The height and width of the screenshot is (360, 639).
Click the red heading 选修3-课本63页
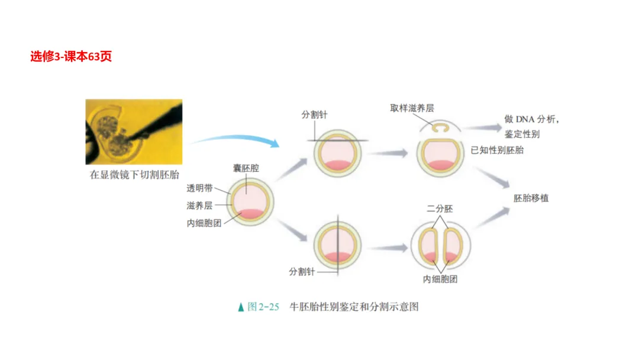71,57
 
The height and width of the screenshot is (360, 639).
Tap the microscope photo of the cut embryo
134,131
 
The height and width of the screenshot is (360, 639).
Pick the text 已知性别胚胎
496,150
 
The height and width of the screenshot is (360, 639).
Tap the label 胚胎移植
531,198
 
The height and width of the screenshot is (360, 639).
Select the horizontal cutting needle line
337,140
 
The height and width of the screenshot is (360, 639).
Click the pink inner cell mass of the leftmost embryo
251,214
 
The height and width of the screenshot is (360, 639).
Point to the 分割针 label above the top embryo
314,115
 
